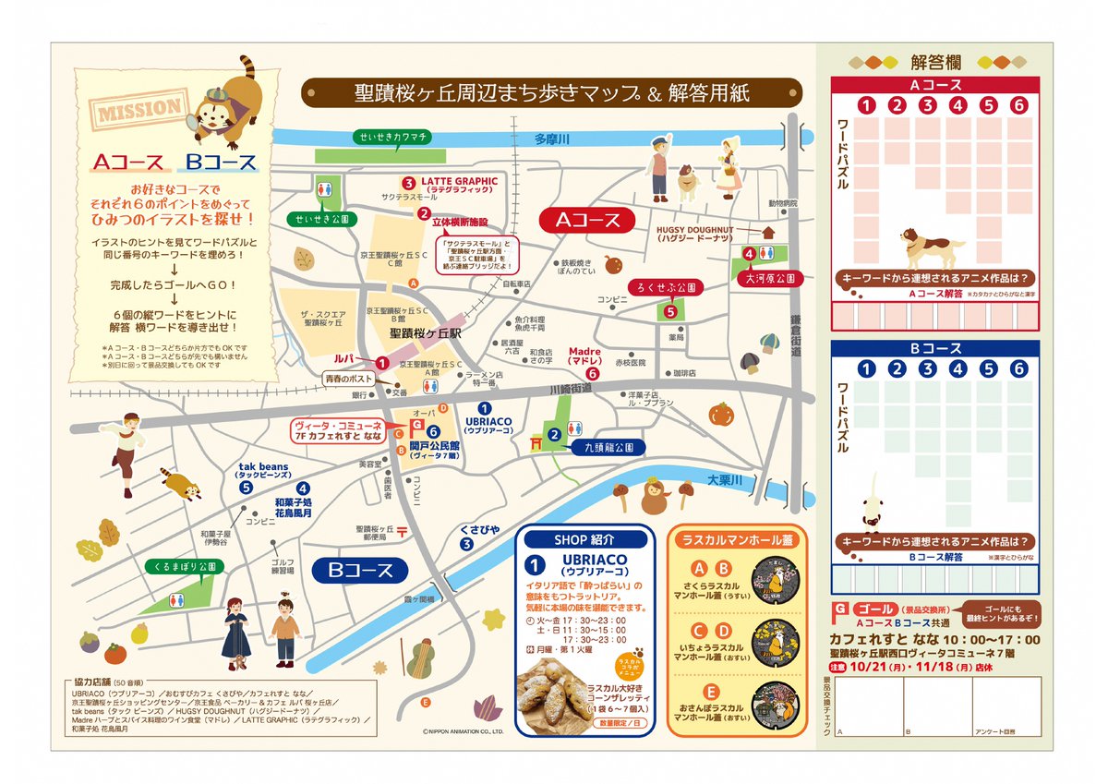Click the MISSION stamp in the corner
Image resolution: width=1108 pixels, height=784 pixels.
[x=139, y=110]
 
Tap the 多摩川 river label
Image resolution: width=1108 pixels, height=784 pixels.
[x=555, y=139]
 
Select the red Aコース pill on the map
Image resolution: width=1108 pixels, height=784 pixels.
[x=586, y=220]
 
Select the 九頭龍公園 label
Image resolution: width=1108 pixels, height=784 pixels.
[x=608, y=447]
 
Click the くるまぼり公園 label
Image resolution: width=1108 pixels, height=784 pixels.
[x=185, y=565]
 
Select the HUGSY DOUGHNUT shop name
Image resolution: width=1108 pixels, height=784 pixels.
[x=695, y=229]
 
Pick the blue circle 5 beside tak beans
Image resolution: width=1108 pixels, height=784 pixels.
[x=246, y=488]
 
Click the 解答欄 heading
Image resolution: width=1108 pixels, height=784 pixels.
[x=935, y=62]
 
